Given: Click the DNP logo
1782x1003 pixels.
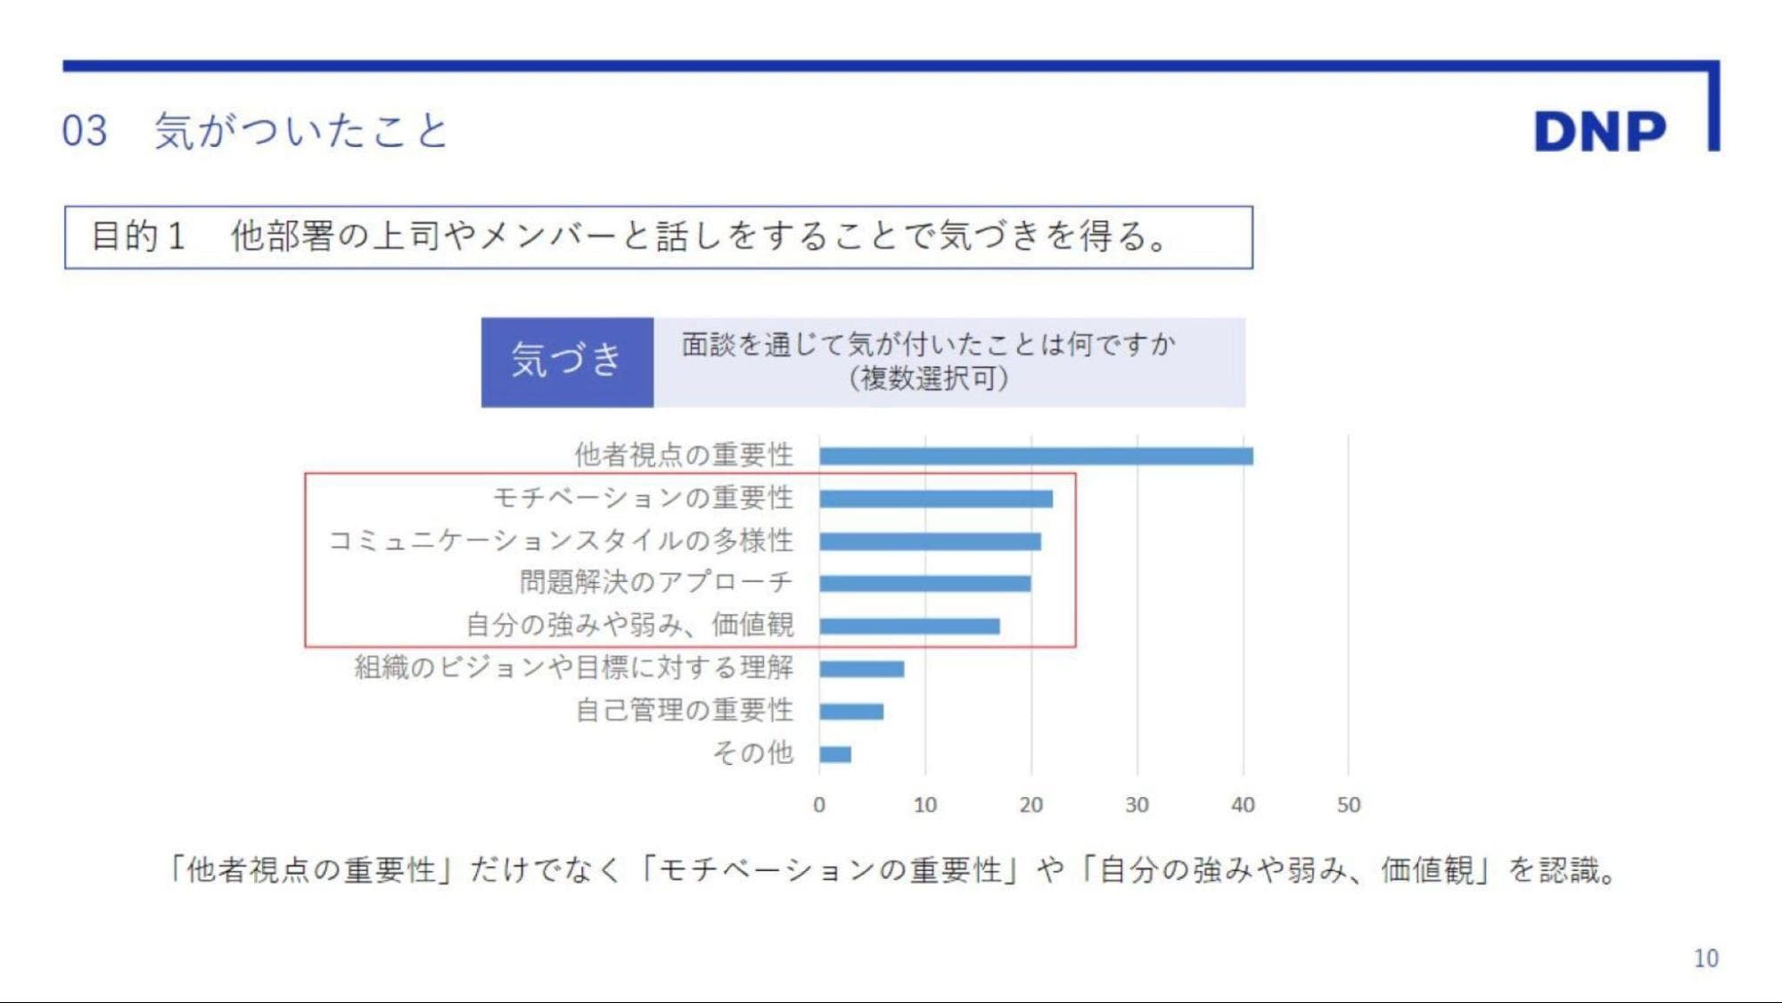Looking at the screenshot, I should pos(1599,131).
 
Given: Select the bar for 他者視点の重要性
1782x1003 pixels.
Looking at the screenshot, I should pos(1036,456).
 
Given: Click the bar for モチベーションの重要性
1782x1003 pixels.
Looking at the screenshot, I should pos(936,498).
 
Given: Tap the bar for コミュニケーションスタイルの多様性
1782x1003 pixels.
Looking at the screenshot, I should pos(930,541).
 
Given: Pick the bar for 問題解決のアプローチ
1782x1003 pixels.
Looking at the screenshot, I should pos(924,583).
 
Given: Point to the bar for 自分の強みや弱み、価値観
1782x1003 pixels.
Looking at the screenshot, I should pos(909,626).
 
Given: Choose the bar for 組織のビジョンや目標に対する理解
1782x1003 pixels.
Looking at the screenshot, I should pos(861,669).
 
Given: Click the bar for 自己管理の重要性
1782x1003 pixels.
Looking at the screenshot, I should pos(851,711).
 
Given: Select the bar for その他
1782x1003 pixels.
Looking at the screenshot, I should pos(835,754).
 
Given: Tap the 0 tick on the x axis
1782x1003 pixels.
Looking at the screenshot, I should pos(819,805).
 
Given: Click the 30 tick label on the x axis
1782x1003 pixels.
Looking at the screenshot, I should pos(1137,805).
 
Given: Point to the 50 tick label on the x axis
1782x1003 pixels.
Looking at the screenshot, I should pos(1348,805).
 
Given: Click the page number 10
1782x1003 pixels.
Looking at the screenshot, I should pos(1705,958).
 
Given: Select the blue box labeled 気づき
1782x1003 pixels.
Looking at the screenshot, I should pos(567,362).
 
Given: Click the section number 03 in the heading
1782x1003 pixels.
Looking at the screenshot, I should pos(85,131).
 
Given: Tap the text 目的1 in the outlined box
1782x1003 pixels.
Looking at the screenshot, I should pos(138,236).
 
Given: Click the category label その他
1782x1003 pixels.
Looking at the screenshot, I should pos(752,753).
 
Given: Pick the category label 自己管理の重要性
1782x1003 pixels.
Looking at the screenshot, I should pos(684,711).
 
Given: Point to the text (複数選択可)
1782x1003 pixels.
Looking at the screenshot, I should pos(929,379).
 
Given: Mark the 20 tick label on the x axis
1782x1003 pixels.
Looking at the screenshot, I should pos(1031,805).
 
